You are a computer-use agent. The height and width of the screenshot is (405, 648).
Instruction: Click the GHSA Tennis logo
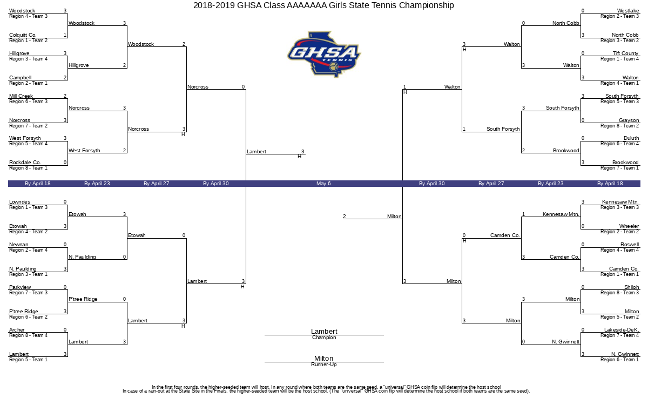(323, 54)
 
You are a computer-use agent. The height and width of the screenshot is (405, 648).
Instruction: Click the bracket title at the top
(323, 5)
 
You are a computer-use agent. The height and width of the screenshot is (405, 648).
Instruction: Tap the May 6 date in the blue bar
(323, 184)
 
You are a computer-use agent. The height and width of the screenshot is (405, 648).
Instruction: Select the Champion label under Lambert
(324, 338)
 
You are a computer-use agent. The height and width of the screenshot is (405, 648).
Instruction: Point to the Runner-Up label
(324, 364)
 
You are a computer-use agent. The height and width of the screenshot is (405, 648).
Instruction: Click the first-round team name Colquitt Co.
(23, 35)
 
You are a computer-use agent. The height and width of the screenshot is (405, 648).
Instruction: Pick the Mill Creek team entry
(21, 96)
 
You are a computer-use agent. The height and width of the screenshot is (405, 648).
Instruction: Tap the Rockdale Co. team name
(25, 163)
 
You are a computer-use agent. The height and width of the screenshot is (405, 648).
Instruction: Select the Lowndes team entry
(19, 202)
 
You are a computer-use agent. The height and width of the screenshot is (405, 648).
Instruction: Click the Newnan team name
(18, 245)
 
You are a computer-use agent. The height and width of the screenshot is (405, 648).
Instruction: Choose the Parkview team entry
(20, 287)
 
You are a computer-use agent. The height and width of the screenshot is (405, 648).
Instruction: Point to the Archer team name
(17, 330)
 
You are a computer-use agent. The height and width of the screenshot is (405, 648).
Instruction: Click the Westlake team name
(628, 11)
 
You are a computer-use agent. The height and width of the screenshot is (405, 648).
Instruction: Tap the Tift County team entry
(626, 53)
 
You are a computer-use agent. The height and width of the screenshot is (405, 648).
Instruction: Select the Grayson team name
(629, 120)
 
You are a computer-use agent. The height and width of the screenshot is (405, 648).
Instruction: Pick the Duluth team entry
(631, 138)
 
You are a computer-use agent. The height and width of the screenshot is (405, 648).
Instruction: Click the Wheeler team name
(629, 226)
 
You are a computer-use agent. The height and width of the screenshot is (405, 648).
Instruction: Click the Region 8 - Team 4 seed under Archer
(28, 335)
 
